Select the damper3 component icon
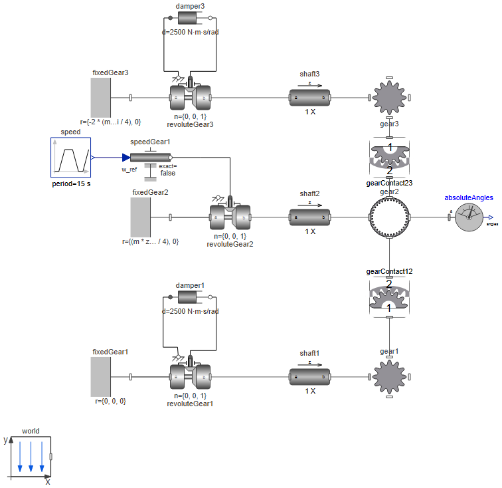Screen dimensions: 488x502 click(x=190, y=19)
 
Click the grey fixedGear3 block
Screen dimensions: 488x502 click(x=101, y=98)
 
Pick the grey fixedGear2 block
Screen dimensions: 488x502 click(x=141, y=217)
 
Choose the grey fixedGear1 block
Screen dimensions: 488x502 click(x=101, y=377)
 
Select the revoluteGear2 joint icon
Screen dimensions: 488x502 click(x=230, y=217)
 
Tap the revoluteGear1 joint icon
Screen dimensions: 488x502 click(x=190, y=376)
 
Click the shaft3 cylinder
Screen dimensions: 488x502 click(x=309, y=98)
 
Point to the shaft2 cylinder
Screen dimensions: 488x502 click(x=309, y=217)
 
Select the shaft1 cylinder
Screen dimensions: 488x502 click(x=309, y=377)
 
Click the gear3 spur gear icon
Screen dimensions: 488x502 click(x=389, y=98)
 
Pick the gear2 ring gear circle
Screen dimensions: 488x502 click(x=389, y=217)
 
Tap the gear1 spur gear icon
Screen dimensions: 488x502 click(x=389, y=377)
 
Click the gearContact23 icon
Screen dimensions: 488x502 click(x=389, y=158)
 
